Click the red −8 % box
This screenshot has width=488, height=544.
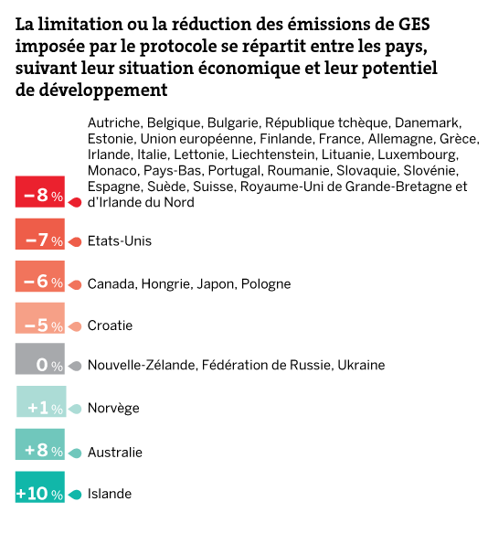click(x=40, y=191)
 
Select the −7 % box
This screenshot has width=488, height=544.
click(x=40, y=234)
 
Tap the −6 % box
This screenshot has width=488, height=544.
click(x=40, y=276)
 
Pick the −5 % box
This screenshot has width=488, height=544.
click(x=40, y=318)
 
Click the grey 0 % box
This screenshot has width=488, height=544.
click(x=40, y=358)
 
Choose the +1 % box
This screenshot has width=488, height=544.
click(x=41, y=401)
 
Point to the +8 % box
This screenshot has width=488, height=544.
click(x=40, y=444)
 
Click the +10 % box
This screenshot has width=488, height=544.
click(x=40, y=486)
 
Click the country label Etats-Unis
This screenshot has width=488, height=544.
click(x=120, y=240)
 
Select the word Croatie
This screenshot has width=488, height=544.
click(x=110, y=325)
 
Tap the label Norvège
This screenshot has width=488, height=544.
click(x=113, y=408)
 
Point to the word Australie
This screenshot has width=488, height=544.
click(x=115, y=453)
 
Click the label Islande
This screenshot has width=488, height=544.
click(x=110, y=494)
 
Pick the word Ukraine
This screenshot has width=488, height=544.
click(x=361, y=365)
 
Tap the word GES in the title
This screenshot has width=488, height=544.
click(x=413, y=25)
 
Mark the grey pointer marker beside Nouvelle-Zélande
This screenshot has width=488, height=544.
click(x=75, y=366)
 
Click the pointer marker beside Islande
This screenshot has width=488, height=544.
click(x=75, y=495)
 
